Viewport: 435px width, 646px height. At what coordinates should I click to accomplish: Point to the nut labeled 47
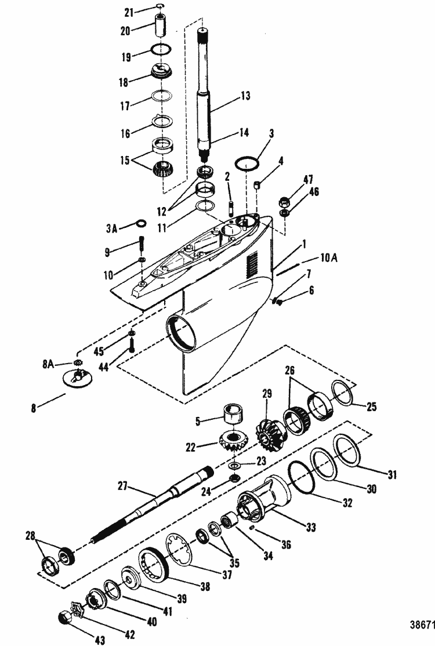point(286,203)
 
